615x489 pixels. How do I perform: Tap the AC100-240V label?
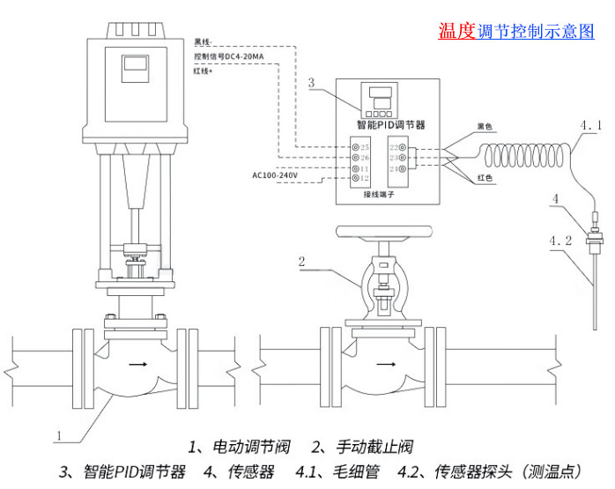[x=277, y=175]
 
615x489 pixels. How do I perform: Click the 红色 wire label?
[x=485, y=179]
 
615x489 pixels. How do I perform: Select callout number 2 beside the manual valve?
[x=301, y=261]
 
